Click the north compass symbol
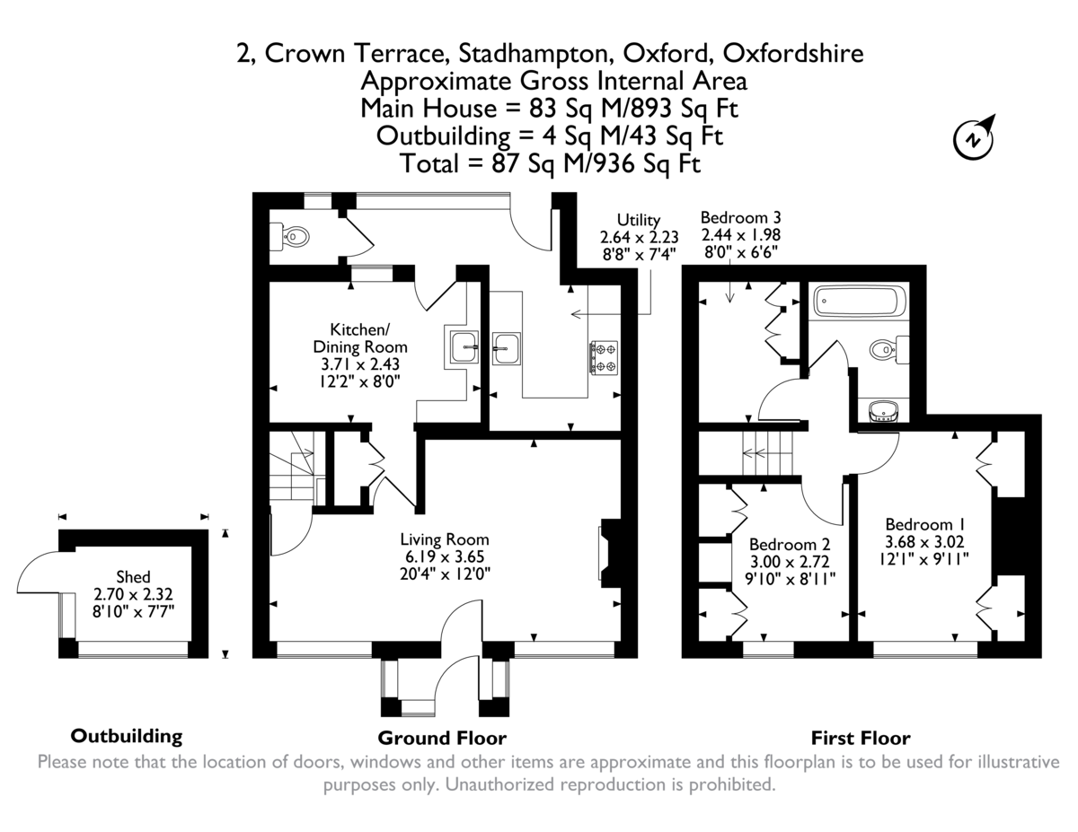pyautogui.click(x=973, y=138)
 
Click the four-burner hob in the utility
pyautogui.click(x=603, y=356)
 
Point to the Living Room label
pyautogui.click(x=445, y=539)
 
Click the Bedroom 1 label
pyautogui.click(x=925, y=524)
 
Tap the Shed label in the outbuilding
pyautogui.click(x=133, y=577)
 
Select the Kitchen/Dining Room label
pyautogui.click(x=360, y=337)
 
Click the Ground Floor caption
pyautogui.click(x=442, y=738)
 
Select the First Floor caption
pyautogui.click(x=860, y=739)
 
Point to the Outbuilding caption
pyautogui.click(x=126, y=736)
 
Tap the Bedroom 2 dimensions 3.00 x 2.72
pyautogui.click(x=789, y=562)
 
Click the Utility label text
pyautogui.click(x=638, y=220)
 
